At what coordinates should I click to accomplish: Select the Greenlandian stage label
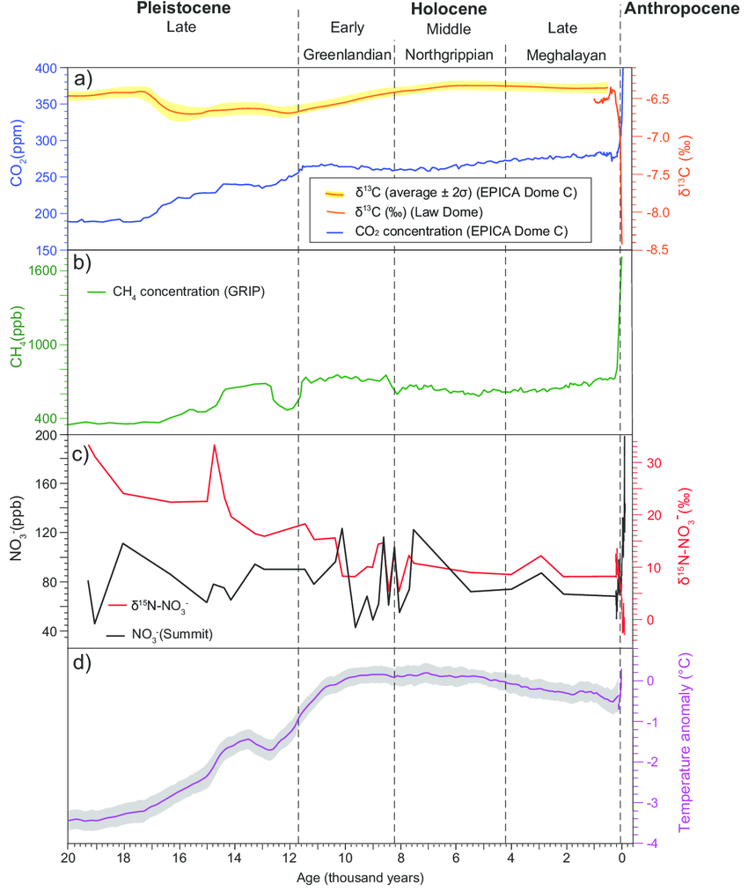point(347,55)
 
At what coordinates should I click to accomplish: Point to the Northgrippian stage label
point(450,55)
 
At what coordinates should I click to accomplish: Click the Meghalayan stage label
point(566,55)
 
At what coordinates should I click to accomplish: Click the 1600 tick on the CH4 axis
point(46,271)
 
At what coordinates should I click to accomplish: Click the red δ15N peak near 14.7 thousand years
point(214,446)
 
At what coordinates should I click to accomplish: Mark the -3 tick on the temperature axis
point(650,803)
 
